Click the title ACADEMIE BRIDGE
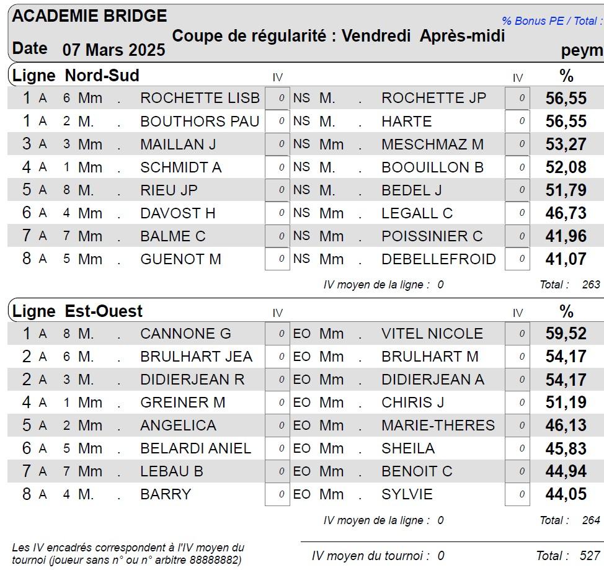[x=89, y=16]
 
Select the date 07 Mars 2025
[x=113, y=50]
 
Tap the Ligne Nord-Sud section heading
[x=76, y=76]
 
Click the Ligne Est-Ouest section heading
[x=78, y=311]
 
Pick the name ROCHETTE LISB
[x=200, y=98]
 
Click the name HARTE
[x=406, y=121]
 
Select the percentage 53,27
[x=566, y=145]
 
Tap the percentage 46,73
[x=566, y=213]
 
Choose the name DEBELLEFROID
[x=438, y=259]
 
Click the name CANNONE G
[x=185, y=334]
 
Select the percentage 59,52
[x=566, y=334]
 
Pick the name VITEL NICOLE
[x=432, y=334]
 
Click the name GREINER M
[x=183, y=403]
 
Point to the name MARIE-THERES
[x=438, y=425]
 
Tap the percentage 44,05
[x=566, y=494]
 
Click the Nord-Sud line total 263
[x=591, y=285]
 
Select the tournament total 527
[x=590, y=556]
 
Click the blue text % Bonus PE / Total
[x=551, y=21]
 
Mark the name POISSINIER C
[x=432, y=236]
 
